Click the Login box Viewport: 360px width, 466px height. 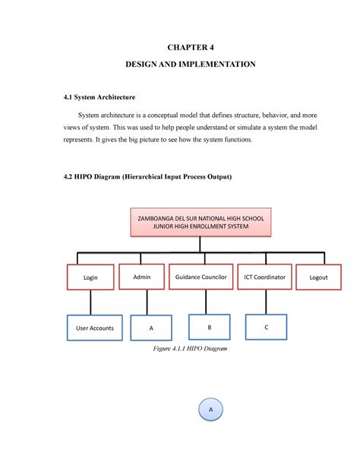click(x=90, y=277)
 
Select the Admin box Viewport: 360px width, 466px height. click(x=142, y=277)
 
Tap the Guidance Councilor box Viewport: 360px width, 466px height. click(x=201, y=277)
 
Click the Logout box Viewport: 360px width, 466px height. click(x=318, y=277)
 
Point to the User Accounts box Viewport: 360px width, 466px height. click(x=96, y=328)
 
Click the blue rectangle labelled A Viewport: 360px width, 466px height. click(x=151, y=328)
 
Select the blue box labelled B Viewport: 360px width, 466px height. click(x=209, y=327)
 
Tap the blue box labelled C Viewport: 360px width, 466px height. click(x=266, y=327)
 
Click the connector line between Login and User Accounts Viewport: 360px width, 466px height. click(x=91, y=303)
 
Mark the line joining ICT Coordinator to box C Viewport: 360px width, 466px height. click(x=266, y=302)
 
